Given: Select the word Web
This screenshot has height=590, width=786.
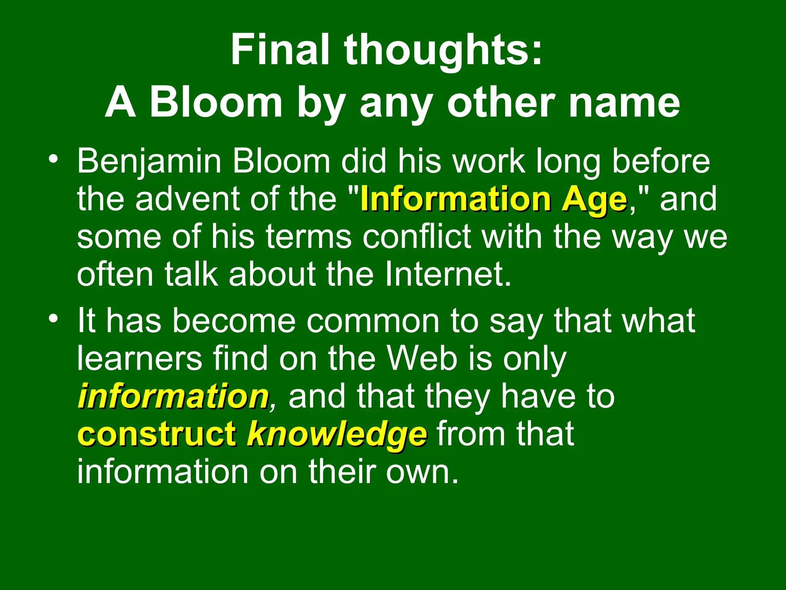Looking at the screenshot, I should [422, 359].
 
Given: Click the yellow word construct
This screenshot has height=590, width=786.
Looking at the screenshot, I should [157, 434].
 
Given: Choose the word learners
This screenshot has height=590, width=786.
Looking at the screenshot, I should [139, 359].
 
